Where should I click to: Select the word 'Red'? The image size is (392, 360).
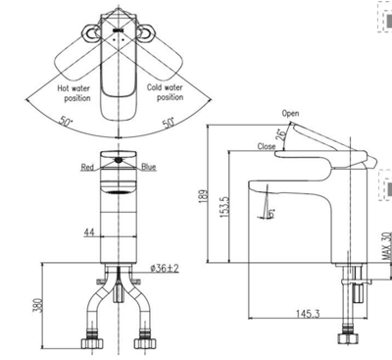coord(87,168)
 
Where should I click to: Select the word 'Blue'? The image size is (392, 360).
coord(148,168)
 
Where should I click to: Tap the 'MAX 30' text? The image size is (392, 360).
coord(383,244)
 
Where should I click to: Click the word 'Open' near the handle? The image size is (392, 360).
coord(290,113)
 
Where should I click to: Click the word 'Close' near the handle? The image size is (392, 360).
coord(266,146)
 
